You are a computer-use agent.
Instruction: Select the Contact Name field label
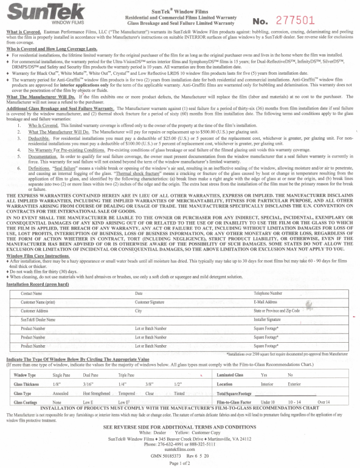point(33,293)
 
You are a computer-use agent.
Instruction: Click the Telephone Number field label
point(268,293)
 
